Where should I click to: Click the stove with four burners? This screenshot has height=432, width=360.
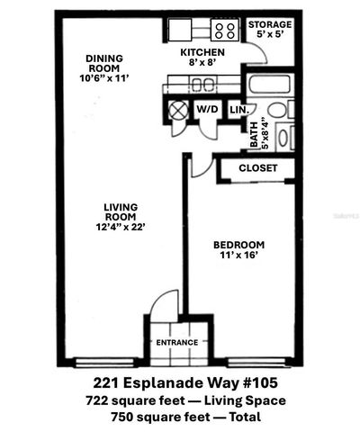pos(225,31)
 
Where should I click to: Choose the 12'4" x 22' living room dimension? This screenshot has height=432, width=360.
pos(119,227)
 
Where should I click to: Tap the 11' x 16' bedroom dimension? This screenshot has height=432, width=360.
pos(238,256)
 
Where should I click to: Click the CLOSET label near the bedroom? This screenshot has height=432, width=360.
pos(258,168)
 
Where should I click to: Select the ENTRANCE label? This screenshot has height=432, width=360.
pos(176,343)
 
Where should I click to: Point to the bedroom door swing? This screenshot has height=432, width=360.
pos(201,164)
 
